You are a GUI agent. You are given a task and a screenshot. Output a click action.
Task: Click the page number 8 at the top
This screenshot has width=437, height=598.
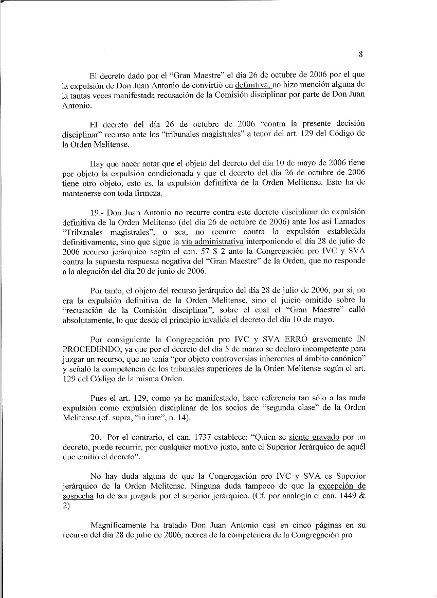[x=361, y=54]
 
